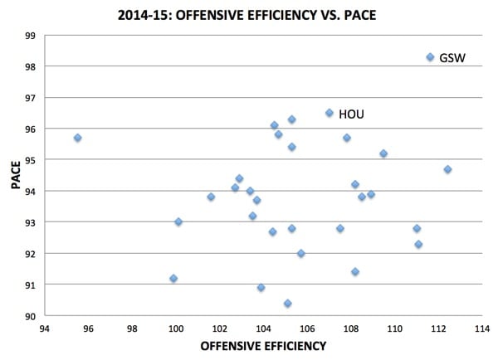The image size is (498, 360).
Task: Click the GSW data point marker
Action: pos(430,57)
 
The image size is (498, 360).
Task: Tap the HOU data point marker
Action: pos(330,113)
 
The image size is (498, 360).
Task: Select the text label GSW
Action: pos(452,59)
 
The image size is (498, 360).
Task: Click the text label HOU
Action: pos(351,114)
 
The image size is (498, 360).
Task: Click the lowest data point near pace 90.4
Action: pos(287,304)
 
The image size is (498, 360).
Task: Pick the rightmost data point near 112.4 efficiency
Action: pos(447,169)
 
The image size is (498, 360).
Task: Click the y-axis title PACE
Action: pos(15,174)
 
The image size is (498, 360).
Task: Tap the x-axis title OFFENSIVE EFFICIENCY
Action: pos(259,346)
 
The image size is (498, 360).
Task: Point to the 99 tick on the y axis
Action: pos(31,36)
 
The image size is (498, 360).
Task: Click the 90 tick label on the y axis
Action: pos(31,316)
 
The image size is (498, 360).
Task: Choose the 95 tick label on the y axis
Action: pos(31,160)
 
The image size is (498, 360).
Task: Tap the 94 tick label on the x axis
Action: pos(45,328)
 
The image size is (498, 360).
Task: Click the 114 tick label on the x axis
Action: pos(481,328)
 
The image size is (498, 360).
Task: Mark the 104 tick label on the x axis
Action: pos(263,328)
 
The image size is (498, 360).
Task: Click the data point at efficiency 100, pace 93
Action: pos(178,222)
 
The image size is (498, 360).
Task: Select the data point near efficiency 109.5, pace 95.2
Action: pos(383,153)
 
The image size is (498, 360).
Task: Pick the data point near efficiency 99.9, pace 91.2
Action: pos(173,279)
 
